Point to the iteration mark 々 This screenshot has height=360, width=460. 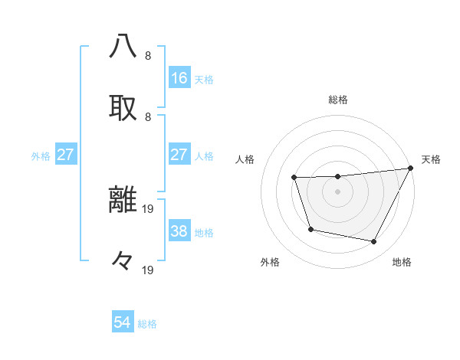tap(123, 260)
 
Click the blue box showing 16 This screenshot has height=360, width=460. tap(179, 78)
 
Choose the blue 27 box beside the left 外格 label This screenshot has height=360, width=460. tap(65, 155)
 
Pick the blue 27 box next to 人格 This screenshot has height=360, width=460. tap(179, 155)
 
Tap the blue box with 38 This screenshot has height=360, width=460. tap(179, 231)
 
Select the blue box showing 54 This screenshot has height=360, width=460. tap(123, 322)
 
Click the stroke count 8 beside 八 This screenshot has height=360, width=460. tap(148, 56)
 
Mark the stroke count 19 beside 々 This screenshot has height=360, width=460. tap(148, 270)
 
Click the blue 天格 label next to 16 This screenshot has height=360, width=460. tap(204, 79)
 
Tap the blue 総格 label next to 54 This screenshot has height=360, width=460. tap(148, 323)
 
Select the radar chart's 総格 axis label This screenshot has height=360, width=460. tap(338, 100)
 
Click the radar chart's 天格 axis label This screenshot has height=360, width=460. tap(431, 159)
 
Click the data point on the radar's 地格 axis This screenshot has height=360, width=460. tap(374, 242)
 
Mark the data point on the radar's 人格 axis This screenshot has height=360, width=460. tap(294, 178)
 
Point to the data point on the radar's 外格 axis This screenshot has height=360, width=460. tap(310, 229)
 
